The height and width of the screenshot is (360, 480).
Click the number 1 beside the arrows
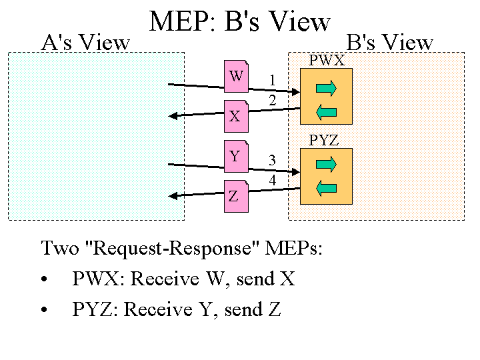pyautogui.click(x=272, y=81)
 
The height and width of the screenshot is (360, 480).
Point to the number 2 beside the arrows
pyautogui.click(x=272, y=101)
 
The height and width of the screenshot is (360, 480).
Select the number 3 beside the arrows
pyautogui.click(x=272, y=161)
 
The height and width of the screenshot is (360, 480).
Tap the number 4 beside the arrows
pyautogui.click(x=272, y=181)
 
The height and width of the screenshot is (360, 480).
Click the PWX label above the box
pyautogui.click(x=327, y=61)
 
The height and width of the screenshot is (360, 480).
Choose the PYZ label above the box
pyautogui.click(x=325, y=141)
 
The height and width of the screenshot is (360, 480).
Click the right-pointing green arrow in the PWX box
pyautogui.click(x=326, y=88)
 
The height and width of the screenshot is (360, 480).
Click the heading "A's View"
pyautogui.click(x=85, y=43)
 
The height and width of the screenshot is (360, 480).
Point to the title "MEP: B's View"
pyautogui.click(x=240, y=23)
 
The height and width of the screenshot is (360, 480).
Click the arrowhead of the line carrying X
pyautogui.click(x=173, y=116)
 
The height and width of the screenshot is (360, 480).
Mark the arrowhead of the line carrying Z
pyautogui.click(x=173, y=196)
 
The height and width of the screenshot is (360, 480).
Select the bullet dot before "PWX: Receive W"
pyautogui.click(x=45, y=280)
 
